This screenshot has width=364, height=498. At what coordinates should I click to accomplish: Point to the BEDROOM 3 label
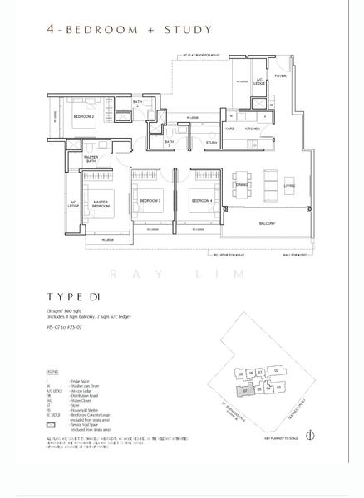pos(150,201)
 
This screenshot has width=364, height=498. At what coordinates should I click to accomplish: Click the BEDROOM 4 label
pos(200,201)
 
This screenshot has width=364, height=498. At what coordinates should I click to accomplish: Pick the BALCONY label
pos(268,223)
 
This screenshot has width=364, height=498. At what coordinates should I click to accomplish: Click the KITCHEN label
pos(253,129)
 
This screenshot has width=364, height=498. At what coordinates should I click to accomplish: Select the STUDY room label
pos(212,143)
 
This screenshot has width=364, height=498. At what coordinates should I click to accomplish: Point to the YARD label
pos(229,129)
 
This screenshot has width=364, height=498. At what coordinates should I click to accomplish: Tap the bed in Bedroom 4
pos(203,184)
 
